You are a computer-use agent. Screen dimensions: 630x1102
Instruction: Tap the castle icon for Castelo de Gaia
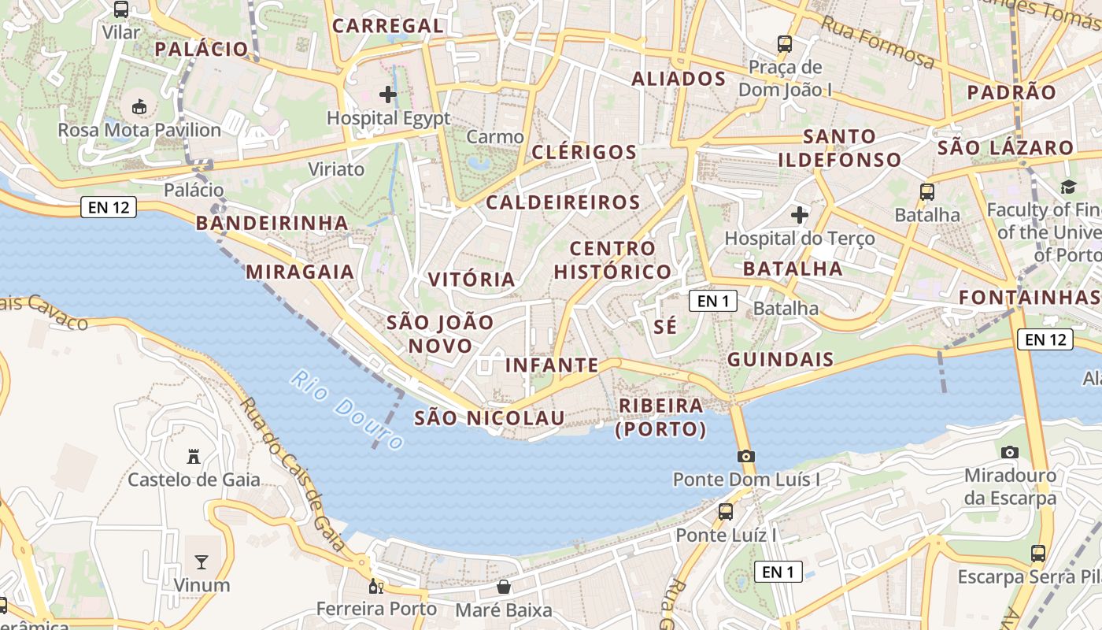click(193, 456)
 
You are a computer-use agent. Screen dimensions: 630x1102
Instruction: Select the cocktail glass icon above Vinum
click(202, 561)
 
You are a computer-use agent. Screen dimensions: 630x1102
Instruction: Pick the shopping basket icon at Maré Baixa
click(504, 587)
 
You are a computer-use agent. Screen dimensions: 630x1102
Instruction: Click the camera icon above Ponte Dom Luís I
click(746, 456)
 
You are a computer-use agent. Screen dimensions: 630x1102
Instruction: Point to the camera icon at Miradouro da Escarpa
click(1010, 452)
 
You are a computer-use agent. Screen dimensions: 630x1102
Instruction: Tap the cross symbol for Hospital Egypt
click(388, 94)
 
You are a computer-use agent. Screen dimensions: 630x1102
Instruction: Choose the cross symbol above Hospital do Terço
click(800, 214)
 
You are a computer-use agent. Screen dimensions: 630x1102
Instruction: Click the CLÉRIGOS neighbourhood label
click(584, 152)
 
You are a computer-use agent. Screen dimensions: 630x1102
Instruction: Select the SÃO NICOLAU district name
click(490, 418)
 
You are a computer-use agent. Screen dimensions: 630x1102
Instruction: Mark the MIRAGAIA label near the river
click(300, 272)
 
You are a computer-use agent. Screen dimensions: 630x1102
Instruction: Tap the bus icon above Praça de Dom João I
click(785, 43)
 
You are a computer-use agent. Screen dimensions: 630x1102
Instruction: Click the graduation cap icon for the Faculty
click(1068, 187)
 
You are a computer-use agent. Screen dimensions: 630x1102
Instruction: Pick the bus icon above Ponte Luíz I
click(726, 512)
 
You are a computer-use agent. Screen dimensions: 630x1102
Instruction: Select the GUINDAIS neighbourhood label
click(780, 360)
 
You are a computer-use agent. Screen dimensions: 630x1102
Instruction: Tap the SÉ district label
click(665, 327)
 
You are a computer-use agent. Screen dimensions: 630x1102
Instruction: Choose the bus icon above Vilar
click(120, 9)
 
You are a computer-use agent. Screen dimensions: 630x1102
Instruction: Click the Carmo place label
click(495, 137)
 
